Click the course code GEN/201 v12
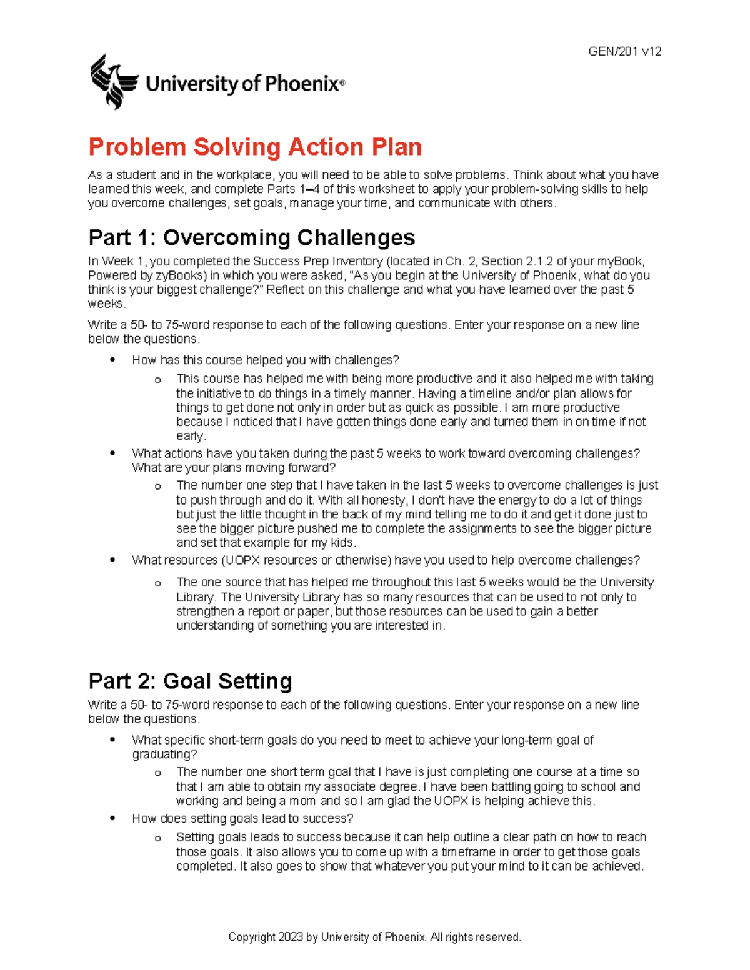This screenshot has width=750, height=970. (624, 52)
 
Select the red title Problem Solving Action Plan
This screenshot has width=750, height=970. (255, 147)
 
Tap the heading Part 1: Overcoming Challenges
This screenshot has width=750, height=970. (252, 238)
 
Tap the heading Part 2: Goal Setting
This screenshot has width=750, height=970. (190, 681)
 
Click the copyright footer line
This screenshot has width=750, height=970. (374, 937)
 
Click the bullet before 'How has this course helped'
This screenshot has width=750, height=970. (112, 360)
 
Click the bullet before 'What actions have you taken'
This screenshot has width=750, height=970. (112, 453)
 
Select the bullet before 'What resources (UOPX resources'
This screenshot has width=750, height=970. (112, 560)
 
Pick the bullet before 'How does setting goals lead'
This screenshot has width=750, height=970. (112, 818)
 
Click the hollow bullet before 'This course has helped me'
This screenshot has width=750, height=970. (157, 380)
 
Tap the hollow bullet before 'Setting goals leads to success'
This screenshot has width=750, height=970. (157, 838)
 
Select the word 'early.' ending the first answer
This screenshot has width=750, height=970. (191, 436)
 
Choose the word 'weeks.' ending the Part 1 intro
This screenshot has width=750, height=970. (107, 304)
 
